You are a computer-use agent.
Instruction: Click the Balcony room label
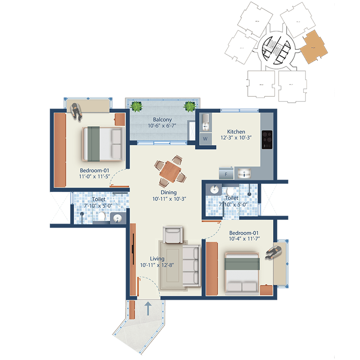click(x=162, y=120)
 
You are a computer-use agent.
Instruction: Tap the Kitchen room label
click(x=236, y=132)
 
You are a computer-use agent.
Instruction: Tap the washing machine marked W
click(x=205, y=139)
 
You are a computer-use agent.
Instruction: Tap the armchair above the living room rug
click(x=173, y=235)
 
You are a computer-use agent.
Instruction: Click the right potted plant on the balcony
click(x=189, y=106)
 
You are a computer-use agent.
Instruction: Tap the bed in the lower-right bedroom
click(x=242, y=272)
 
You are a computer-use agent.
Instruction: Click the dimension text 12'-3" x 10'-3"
click(x=236, y=138)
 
